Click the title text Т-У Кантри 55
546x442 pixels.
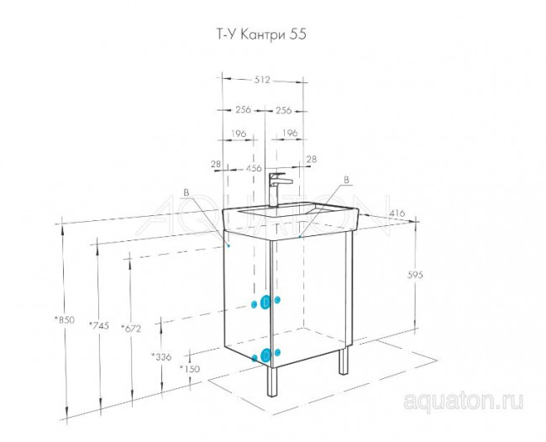pyautogui.click(x=261, y=34)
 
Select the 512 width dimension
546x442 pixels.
pyautogui.click(x=262, y=80)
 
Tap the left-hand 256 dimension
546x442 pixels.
pyautogui.click(x=243, y=109)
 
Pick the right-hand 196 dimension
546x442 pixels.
pyautogui.click(x=290, y=133)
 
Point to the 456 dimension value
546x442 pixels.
pyautogui.click(x=254, y=168)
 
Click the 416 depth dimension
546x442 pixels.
pyautogui.click(x=396, y=213)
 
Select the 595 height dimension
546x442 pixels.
pyautogui.click(x=415, y=275)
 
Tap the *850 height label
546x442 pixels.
pyautogui.click(x=65, y=319)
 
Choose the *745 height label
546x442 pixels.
pyautogui.click(x=99, y=325)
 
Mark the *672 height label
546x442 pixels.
pyautogui.click(x=131, y=328)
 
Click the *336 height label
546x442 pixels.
pyautogui.click(x=161, y=356)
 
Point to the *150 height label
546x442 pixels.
pyautogui.click(x=190, y=368)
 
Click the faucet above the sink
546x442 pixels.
pyautogui.click(x=279, y=190)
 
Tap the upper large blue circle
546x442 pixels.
pyautogui.click(x=265, y=302)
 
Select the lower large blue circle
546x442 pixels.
pyautogui.click(x=265, y=355)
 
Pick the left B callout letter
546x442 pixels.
pyautogui.click(x=186, y=192)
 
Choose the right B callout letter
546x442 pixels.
pyautogui.click(x=346, y=180)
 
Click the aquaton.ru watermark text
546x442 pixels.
pyautogui.click(x=463, y=401)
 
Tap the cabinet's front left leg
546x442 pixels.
pyautogui.click(x=272, y=381)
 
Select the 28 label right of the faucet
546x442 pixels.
pyautogui.click(x=312, y=159)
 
